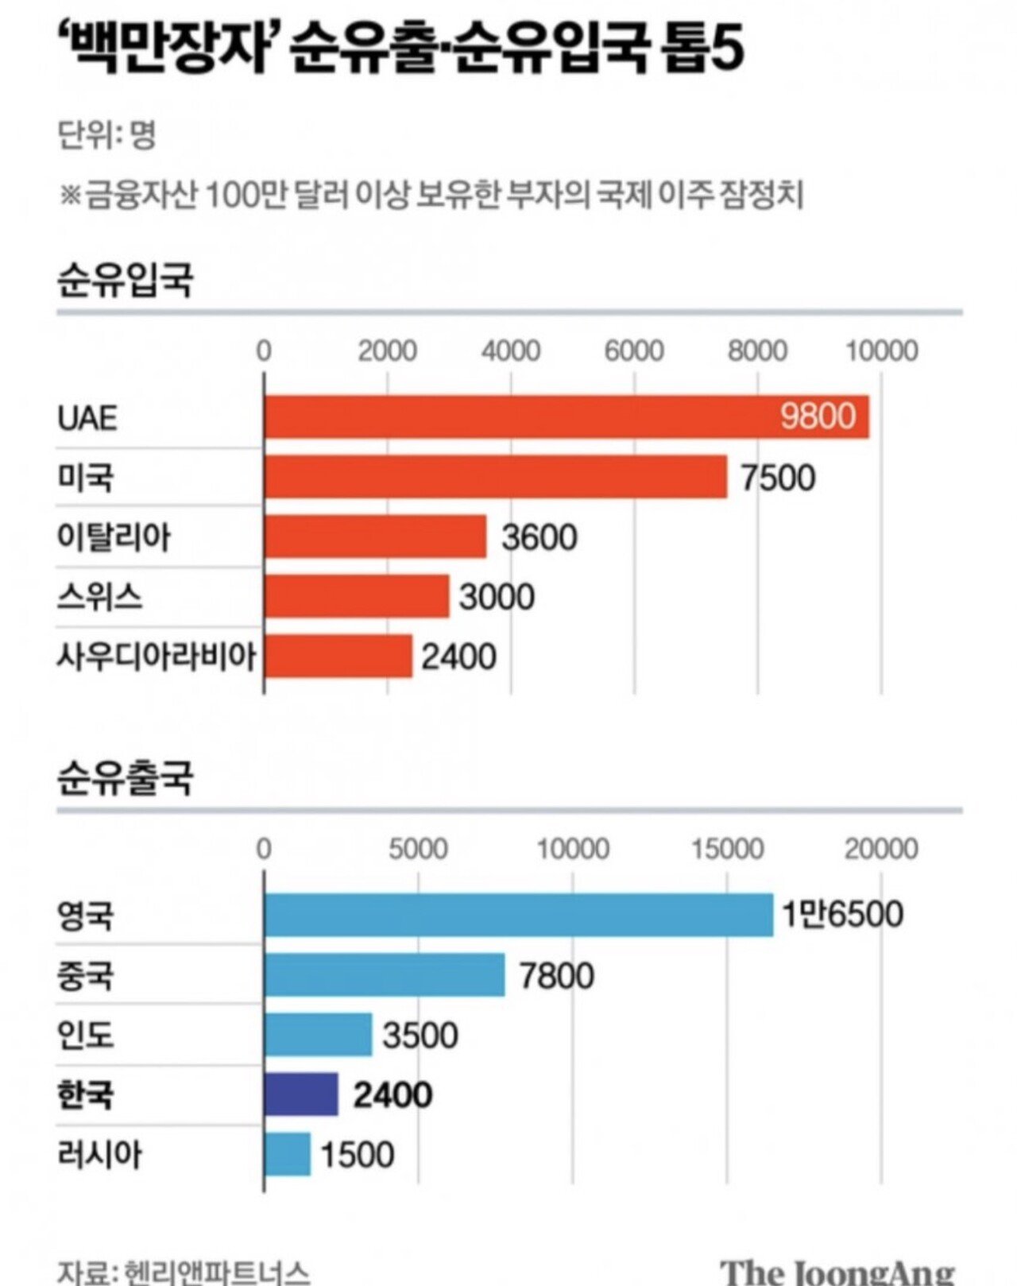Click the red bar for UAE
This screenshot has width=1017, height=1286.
(x=566, y=417)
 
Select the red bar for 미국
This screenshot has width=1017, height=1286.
(x=495, y=477)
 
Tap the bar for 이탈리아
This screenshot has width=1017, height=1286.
(x=375, y=536)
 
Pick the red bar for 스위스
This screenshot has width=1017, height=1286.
(x=357, y=596)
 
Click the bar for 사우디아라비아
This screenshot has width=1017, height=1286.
(x=338, y=656)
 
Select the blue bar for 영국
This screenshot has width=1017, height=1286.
(x=518, y=915)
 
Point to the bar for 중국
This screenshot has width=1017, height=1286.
(x=385, y=974)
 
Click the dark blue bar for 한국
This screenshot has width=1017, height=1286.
(x=301, y=1094)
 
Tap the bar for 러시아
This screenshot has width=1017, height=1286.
(x=288, y=1154)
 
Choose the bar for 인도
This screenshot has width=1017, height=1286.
(x=318, y=1035)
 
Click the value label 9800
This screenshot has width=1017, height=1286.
(x=818, y=416)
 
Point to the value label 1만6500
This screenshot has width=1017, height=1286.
(x=842, y=915)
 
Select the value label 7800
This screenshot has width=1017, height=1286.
(x=556, y=975)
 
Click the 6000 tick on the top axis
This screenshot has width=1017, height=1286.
(x=634, y=351)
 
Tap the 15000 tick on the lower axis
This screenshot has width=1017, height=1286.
(x=726, y=849)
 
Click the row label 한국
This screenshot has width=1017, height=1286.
(x=85, y=1095)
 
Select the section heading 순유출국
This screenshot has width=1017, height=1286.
(x=125, y=778)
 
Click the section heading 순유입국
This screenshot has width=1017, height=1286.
(x=125, y=280)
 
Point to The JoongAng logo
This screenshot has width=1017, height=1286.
(x=838, y=1271)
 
